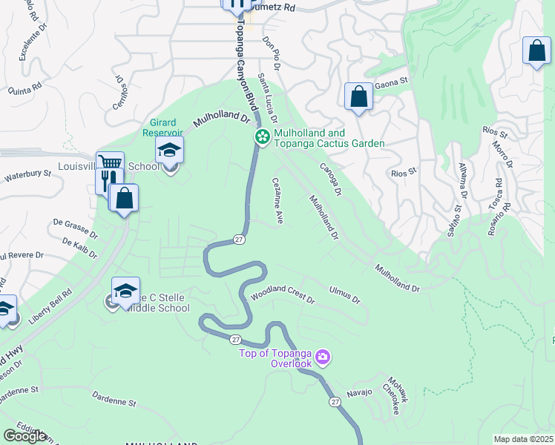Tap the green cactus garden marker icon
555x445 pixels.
tap(262, 136)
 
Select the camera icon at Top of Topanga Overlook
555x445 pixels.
tap(322, 357)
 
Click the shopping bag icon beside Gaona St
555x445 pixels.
tap(358, 96)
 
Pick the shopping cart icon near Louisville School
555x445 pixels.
tap(110, 162)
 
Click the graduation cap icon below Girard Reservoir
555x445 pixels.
tap(169, 151)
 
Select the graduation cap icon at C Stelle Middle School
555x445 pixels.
tap(125, 290)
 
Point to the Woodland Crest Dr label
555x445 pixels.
tap(283, 296)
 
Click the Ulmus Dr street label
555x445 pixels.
tap(345, 294)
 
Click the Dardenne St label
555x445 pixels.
tap(115, 400)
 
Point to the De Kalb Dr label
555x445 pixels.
tap(80, 248)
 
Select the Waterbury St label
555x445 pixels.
tap(27, 175)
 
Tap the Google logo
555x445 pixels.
tap(25, 436)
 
